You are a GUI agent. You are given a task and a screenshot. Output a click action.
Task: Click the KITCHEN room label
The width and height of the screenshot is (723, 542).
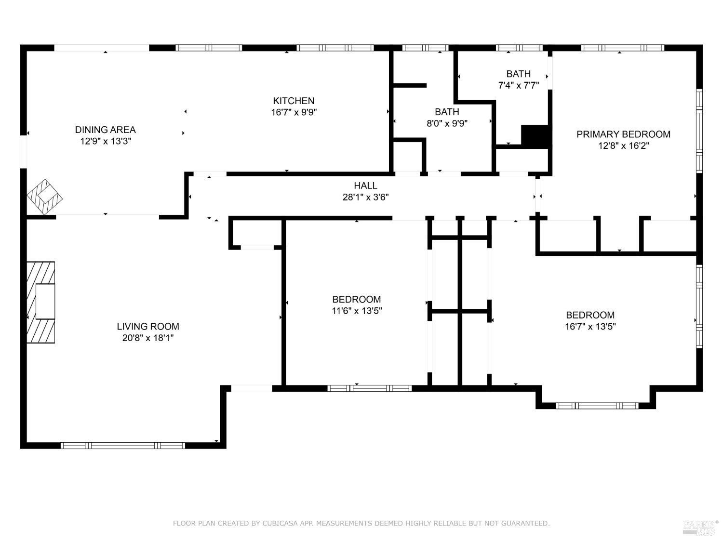[294, 101]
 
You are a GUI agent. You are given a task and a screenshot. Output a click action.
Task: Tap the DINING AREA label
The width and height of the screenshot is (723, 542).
[106, 130]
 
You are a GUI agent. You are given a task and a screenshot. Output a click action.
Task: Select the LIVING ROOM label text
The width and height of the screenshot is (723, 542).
[148, 327]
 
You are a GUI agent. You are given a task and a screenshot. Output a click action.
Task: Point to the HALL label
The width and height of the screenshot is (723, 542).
[366, 185]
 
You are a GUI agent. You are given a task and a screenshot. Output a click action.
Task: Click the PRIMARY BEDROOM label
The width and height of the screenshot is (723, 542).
[624, 134]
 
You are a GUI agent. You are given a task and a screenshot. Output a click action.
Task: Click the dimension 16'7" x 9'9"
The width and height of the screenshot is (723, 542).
[294, 112]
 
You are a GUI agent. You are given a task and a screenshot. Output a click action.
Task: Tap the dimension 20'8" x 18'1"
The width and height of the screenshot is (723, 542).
[148, 338]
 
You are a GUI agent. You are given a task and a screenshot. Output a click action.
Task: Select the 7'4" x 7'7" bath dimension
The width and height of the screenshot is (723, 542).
[519, 86]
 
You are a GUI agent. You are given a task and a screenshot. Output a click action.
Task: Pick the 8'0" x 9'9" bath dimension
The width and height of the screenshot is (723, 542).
[447, 123]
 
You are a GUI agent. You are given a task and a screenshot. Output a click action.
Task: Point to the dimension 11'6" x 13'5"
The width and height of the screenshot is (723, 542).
[357, 311]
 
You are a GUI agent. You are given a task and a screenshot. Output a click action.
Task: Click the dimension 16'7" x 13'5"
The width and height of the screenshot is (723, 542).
[590, 327]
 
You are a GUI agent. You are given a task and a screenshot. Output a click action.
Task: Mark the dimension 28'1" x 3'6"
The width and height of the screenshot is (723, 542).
[366, 197]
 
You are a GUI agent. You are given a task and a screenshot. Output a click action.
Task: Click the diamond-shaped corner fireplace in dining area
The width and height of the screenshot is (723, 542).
[44, 197]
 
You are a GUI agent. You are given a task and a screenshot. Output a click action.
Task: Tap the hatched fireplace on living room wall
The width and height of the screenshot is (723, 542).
[41, 302]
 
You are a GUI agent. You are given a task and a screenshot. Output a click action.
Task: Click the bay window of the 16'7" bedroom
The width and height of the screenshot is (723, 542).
[597, 406]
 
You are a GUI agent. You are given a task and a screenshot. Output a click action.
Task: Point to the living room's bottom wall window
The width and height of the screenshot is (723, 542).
[123, 446]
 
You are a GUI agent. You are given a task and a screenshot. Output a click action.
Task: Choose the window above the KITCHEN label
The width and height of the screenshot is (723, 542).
[335, 48]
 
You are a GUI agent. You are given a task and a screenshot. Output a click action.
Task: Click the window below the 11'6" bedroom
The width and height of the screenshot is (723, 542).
[370, 388]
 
